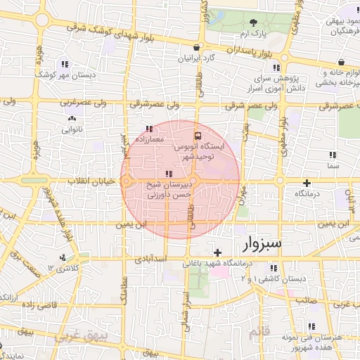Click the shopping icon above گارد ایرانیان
[195, 47]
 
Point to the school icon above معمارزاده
[148, 129]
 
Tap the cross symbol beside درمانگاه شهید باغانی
[218, 252]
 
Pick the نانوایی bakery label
[73, 130]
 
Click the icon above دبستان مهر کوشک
[66, 64]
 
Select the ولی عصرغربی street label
[79, 103]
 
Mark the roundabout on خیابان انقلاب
[127, 181]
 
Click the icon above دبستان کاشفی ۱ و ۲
[274, 269]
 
